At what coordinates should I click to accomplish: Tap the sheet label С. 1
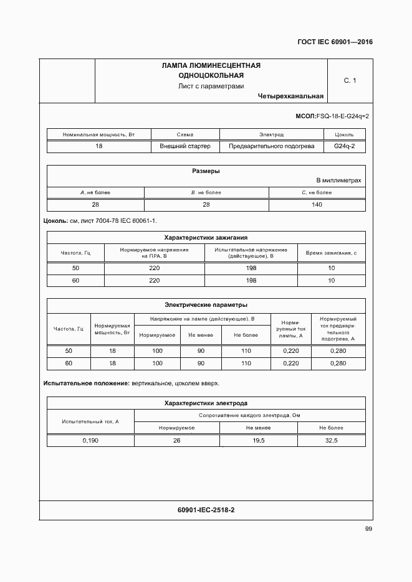tap(350, 80)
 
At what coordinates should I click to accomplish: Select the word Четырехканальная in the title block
tap(290, 96)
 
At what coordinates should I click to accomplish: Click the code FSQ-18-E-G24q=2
tap(342, 116)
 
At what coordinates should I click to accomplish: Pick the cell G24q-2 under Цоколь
tap(344, 146)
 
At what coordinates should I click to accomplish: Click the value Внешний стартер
tap(185, 146)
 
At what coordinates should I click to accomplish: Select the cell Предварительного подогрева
tap(271, 146)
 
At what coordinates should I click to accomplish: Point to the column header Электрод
tap(271, 134)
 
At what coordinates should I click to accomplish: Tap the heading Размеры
tap(206, 171)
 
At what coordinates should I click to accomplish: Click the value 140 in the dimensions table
tap(317, 204)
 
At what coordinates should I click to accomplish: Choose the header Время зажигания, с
tap(331, 252)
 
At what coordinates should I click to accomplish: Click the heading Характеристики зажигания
tap(206, 237)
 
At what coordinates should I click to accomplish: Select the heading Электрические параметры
tap(206, 305)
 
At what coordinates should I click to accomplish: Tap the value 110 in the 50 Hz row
tap(246, 351)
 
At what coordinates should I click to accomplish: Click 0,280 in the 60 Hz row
tap(338, 363)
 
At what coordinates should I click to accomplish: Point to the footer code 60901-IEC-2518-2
tap(206, 510)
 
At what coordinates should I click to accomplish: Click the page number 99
tap(368, 529)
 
